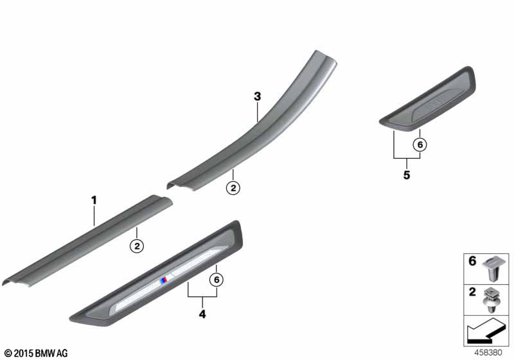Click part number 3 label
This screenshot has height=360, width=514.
257,96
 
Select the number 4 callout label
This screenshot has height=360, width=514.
202,315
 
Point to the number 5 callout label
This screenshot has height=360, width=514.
406,175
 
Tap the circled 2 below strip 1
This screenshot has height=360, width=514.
137,245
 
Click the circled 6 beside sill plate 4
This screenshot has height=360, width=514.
217,280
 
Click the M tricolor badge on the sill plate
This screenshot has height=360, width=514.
166,280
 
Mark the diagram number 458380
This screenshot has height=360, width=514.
490,352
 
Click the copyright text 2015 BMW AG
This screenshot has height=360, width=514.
35,353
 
